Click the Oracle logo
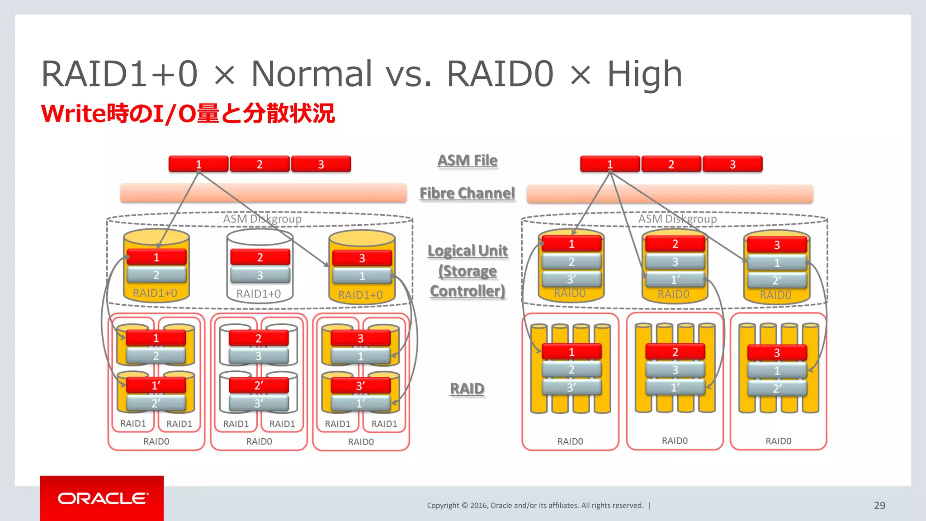(102, 498)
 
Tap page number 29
(879, 506)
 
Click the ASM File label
(467, 161)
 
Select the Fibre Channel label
(467, 194)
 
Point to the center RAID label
(467, 389)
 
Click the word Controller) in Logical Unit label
(467, 291)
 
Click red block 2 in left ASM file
(260, 164)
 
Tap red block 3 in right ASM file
(732, 164)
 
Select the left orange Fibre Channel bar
(263, 194)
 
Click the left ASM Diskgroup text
(262, 219)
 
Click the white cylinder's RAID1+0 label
(259, 294)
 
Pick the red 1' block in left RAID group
(156, 385)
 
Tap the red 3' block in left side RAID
(360, 386)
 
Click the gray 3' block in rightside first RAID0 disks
(572, 388)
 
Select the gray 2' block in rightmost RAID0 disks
(777, 388)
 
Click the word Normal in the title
(312, 74)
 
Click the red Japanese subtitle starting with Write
(188, 113)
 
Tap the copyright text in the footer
(535, 506)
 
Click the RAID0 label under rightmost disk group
(778, 441)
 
